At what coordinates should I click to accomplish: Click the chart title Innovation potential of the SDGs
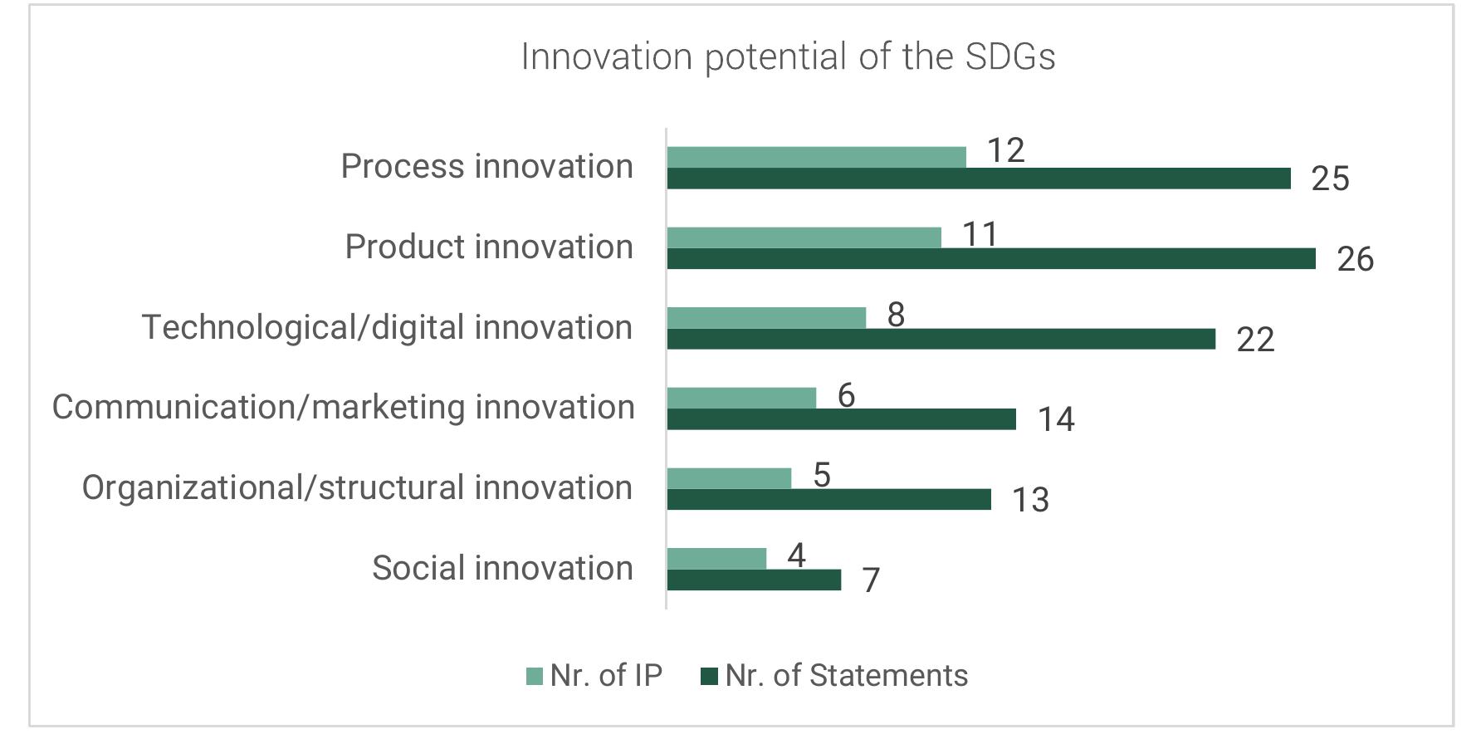tap(788, 57)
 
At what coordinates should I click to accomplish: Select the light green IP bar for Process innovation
tap(816, 157)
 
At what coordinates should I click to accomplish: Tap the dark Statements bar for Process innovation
tap(978, 179)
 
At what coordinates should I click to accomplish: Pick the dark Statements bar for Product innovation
tap(990, 259)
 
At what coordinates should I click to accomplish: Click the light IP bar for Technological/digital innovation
tap(765, 318)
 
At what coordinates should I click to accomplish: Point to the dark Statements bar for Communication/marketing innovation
tap(841, 419)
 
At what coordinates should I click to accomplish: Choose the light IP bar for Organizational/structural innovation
tap(728, 478)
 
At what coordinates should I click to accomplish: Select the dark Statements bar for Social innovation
tap(753, 580)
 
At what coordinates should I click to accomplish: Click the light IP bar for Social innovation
tap(716, 559)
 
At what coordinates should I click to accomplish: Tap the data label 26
tap(1355, 260)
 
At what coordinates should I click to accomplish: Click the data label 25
tap(1330, 179)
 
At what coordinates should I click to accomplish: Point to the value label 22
tap(1254, 340)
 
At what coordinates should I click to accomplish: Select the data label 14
tap(1056, 420)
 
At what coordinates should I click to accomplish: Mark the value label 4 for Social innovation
tap(796, 555)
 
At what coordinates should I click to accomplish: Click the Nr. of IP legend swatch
tap(534, 676)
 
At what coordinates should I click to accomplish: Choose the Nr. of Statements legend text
tap(846, 676)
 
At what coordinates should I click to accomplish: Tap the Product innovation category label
tap(489, 247)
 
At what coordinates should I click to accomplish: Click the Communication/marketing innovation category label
tap(343, 407)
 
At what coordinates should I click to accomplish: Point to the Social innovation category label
tap(502, 568)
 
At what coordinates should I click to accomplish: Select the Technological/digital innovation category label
tap(387, 327)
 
